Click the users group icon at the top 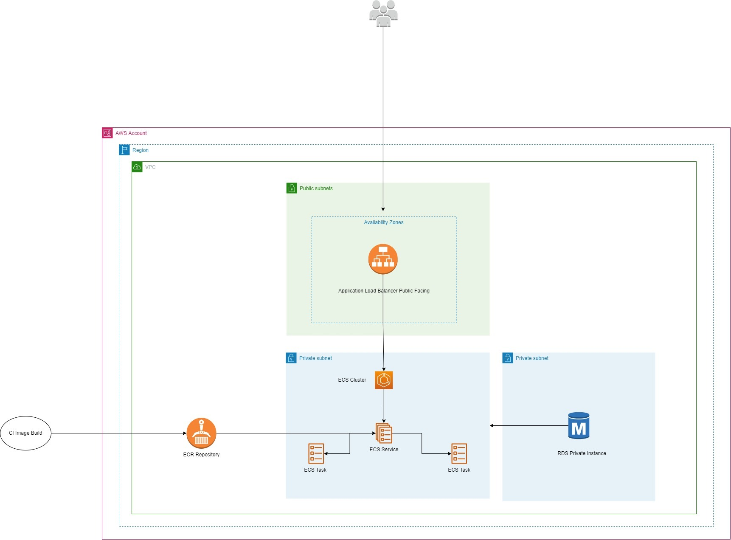click(x=383, y=14)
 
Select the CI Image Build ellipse click(x=25, y=433)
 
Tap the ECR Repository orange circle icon click(x=201, y=433)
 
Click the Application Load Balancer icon click(x=383, y=259)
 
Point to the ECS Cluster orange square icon click(x=384, y=380)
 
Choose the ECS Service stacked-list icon click(x=384, y=433)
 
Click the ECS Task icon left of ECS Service click(x=316, y=453)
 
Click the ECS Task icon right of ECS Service click(x=459, y=453)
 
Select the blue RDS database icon click(x=579, y=425)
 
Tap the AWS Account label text click(x=131, y=133)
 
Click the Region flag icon click(x=124, y=150)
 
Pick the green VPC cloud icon click(x=137, y=167)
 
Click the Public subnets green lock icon click(x=292, y=188)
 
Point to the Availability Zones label click(x=383, y=222)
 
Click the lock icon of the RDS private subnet click(x=508, y=358)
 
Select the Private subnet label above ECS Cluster click(x=315, y=358)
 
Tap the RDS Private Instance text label click(x=582, y=453)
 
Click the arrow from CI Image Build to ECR click(x=119, y=433)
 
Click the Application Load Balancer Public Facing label click(x=384, y=291)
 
